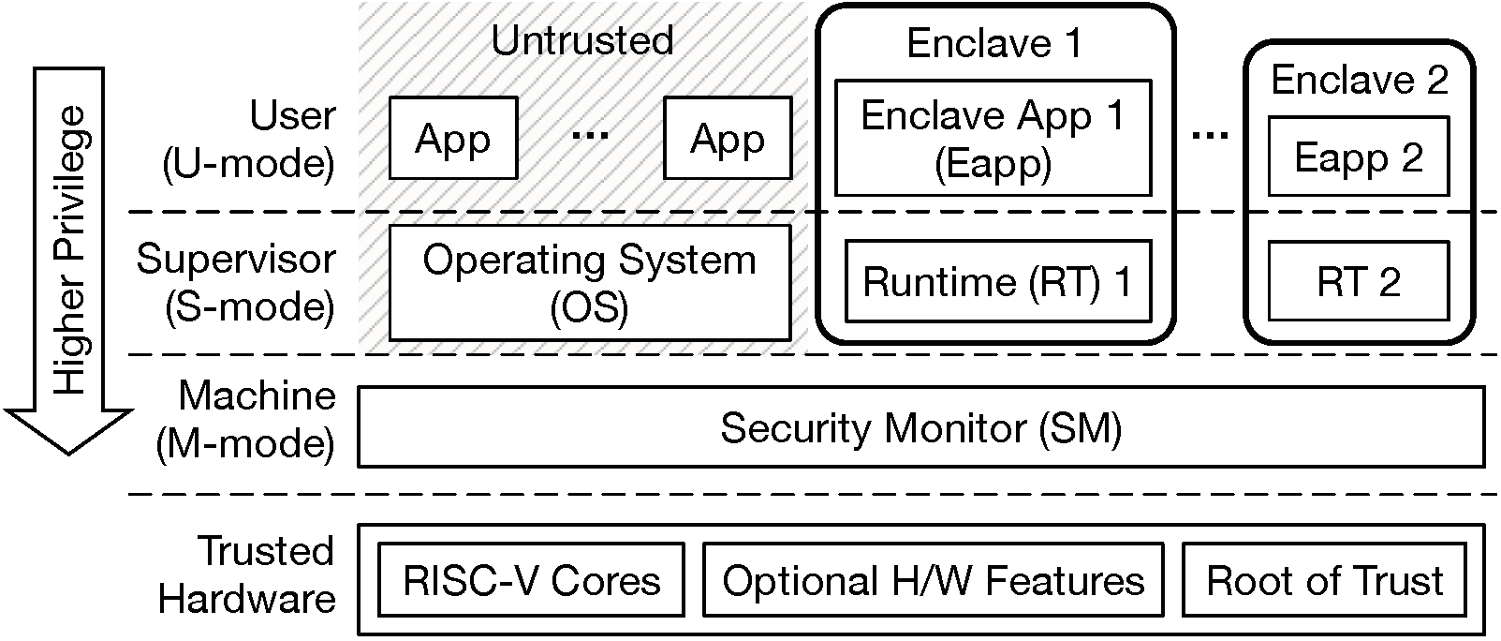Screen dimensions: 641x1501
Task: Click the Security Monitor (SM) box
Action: (x=920, y=428)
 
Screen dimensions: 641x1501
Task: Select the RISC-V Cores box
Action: (x=531, y=581)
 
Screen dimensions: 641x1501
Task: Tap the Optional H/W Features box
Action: (x=933, y=581)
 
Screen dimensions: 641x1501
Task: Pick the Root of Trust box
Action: (x=1324, y=581)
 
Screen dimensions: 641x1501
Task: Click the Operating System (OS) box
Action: (x=589, y=282)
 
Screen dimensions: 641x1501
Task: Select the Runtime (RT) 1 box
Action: (x=996, y=281)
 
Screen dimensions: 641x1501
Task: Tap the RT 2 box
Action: (x=1358, y=281)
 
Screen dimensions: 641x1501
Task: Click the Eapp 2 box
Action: (x=1358, y=157)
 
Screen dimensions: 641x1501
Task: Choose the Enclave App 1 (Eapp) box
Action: (x=993, y=138)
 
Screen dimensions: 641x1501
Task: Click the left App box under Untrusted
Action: (x=453, y=139)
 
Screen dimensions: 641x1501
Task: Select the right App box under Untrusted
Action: (x=728, y=139)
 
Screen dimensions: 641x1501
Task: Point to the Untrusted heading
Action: (x=582, y=40)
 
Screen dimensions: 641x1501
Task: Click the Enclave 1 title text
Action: (x=993, y=43)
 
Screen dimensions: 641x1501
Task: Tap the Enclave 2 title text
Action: (x=1359, y=80)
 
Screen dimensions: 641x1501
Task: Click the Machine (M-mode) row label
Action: (x=245, y=419)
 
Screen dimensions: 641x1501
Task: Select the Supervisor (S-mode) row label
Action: (x=236, y=282)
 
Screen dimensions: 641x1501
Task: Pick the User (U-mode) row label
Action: (x=249, y=140)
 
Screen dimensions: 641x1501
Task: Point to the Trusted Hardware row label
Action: (x=247, y=574)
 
